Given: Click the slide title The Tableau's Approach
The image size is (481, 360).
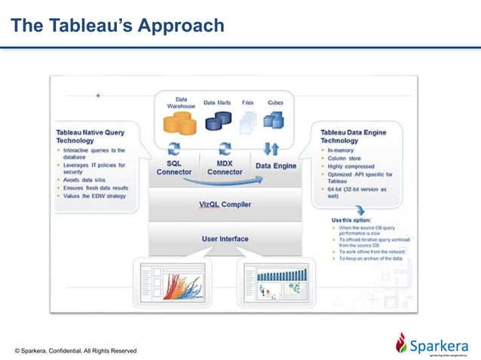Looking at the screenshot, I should pos(118,26).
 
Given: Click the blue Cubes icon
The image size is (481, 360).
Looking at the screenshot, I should pos(274,119).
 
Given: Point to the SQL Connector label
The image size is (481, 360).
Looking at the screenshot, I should pos(174,167).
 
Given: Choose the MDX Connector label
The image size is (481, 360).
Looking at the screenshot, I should pos(225,167).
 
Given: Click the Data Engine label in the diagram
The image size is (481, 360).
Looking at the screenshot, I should pos(275,166).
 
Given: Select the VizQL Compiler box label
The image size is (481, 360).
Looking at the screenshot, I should pos(225,204).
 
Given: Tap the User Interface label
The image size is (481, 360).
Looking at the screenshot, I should pos(225,239).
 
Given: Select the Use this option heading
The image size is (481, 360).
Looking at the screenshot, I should pos(351,220).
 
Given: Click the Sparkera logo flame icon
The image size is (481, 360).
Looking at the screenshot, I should pos(401,343).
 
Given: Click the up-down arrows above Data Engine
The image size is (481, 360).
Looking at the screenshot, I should pos(272,148).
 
